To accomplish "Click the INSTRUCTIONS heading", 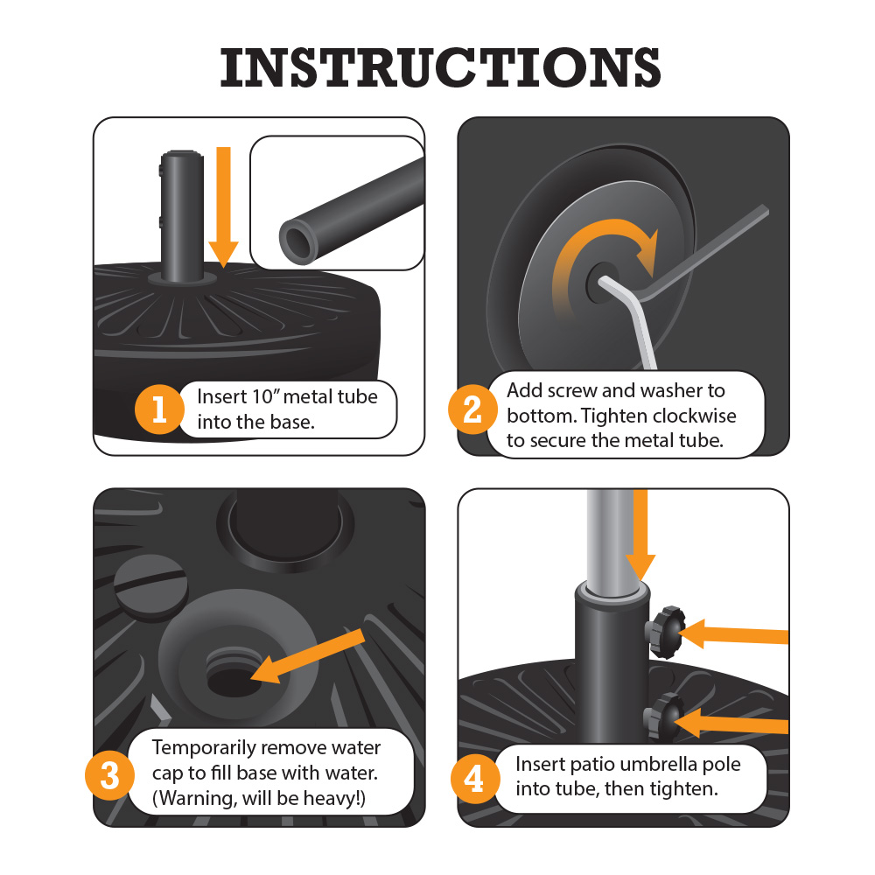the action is click(x=440, y=67).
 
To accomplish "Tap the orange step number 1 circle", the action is click(x=159, y=409).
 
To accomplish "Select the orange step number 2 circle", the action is click(x=472, y=409).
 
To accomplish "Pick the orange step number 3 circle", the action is click(x=110, y=775).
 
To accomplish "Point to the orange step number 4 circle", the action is click(x=474, y=779).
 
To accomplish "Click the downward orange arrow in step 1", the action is click(x=223, y=207).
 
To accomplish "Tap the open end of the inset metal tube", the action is click(x=298, y=241).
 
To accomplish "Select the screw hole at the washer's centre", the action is click(x=602, y=283).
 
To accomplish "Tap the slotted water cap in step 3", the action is click(x=150, y=586).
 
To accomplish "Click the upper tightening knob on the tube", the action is click(x=664, y=633).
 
